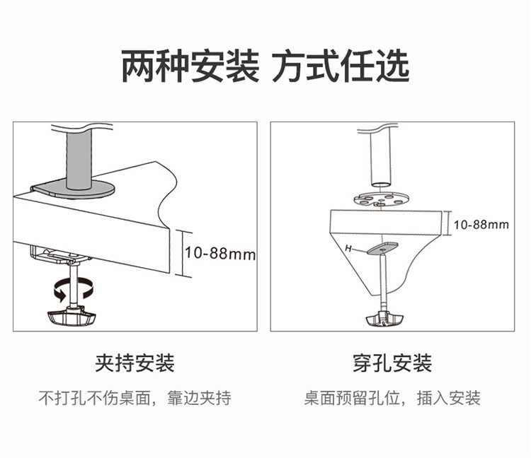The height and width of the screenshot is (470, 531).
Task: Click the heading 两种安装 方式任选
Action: coord(265,67)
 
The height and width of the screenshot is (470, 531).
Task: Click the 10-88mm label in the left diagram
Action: coord(219,253)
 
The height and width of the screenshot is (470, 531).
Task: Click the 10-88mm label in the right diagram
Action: coord(481,225)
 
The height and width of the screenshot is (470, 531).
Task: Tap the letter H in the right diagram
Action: coord(348,248)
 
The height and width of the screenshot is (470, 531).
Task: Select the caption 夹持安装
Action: coord(135,363)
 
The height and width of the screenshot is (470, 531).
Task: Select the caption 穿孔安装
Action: coord(392,363)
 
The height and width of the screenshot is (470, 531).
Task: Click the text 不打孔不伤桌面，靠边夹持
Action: coord(135,398)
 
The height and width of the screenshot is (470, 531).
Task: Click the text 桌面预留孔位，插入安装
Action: coord(392,398)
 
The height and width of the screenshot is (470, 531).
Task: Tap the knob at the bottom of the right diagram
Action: coord(386,319)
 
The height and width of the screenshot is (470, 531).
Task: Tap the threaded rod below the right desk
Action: coord(384,283)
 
